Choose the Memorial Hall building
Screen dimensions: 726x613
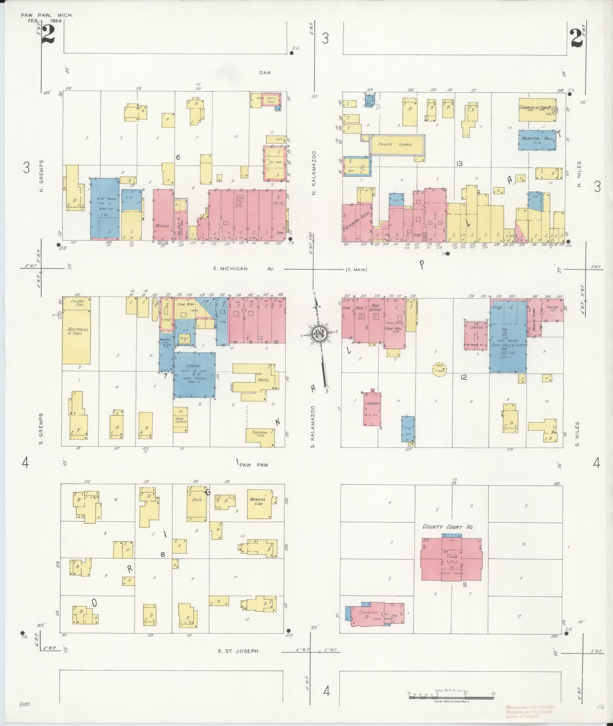click(x=537, y=141)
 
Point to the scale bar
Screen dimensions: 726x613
click(x=451, y=693)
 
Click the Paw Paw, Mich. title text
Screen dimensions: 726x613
click(x=47, y=15)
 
